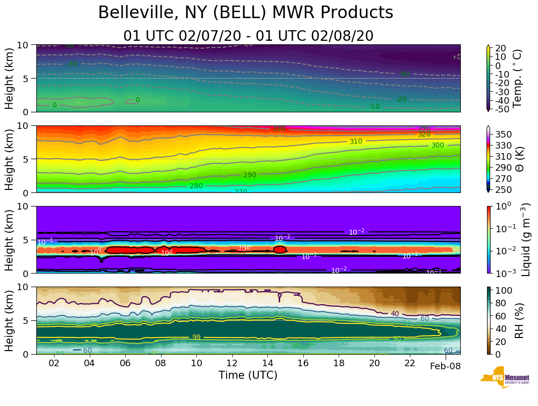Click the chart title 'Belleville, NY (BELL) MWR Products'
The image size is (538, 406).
coord(245,13)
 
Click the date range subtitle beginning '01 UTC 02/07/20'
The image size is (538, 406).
coord(248,36)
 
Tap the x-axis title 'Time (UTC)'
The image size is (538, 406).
coord(248,375)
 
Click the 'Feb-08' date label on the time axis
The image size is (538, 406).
coord(445,366)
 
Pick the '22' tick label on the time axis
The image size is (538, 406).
coord(410,363)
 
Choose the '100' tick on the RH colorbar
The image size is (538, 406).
coord(505,290)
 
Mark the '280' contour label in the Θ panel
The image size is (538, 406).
coord(196,186)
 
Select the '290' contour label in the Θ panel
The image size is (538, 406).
coord(250,175)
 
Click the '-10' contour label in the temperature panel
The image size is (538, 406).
coord(374,106)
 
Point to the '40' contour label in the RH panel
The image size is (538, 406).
coord(395,314)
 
